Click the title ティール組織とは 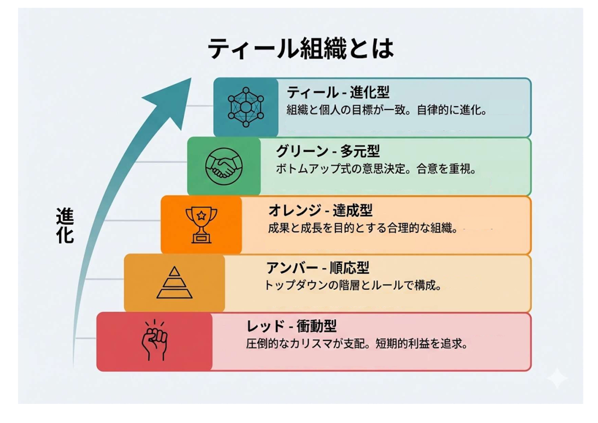tap(301, 48)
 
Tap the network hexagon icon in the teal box tap(246, 107)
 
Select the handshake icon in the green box tap(224, 166)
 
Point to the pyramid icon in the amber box tap(174, 283)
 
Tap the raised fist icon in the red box tap(155, 340)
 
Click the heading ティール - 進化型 tap(338, 92)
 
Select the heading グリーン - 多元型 tap(328, 151)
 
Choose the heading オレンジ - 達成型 tap(320, 210)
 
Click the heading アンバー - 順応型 tap(317, 268)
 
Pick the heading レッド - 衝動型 tap(291, 326)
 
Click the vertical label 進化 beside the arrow tap(65, 226)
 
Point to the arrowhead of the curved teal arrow tap(174, 97)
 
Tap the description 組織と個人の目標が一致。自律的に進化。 tap(387, 110)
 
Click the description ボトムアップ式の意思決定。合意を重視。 tap(376, 169)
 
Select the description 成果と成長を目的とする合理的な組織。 tap(363, 228)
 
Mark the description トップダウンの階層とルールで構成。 tap(353, 285)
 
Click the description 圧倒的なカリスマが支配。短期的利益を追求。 tap(357, 344)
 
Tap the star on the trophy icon tap(201, 215)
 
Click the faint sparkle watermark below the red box tap(557, 378)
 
